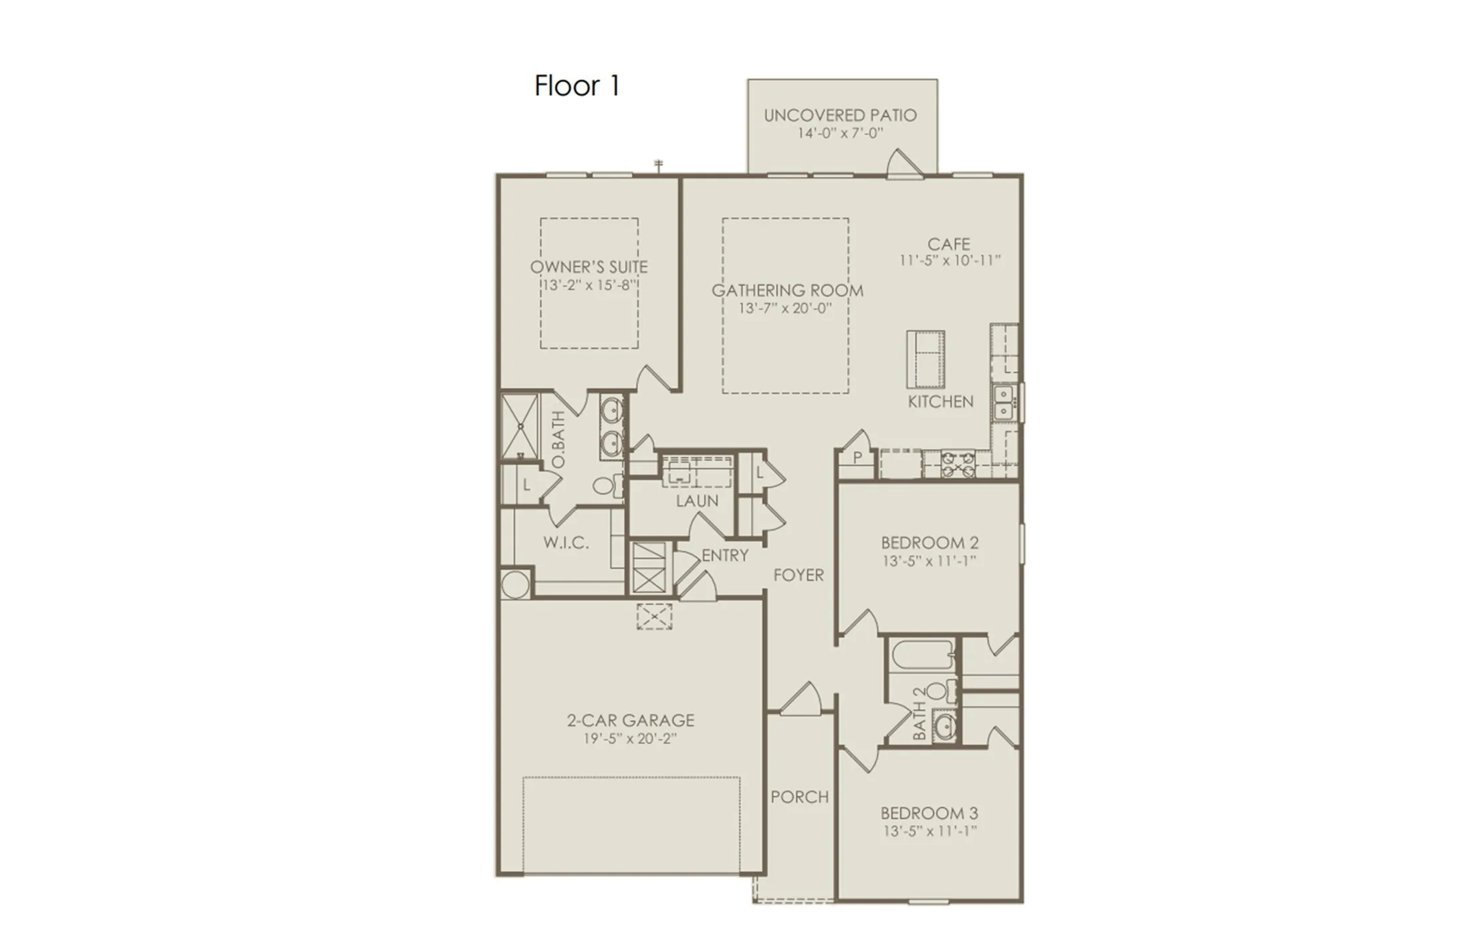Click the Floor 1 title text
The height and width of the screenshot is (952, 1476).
577,86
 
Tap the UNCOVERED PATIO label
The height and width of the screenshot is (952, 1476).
840,116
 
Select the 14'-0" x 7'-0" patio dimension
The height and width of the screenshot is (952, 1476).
840,134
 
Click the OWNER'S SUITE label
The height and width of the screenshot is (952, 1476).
589,267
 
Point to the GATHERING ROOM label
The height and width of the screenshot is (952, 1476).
786,291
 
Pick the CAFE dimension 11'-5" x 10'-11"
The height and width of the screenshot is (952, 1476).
949,261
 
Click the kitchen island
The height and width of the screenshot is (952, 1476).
925,360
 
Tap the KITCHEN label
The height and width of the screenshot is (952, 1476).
940,402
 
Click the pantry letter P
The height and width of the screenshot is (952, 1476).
857,459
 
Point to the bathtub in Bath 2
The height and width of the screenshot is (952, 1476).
922,655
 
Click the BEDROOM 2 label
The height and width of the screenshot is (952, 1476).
929,543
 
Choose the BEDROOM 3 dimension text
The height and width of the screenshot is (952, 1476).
929,832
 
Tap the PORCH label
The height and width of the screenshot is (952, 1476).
799,797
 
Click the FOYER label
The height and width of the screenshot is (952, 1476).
798,575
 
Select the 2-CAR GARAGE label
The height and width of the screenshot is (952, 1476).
630,721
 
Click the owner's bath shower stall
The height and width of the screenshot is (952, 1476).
520,426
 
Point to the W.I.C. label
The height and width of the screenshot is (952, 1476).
566,543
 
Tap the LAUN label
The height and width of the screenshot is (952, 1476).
697,501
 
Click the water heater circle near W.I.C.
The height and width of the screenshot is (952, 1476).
515,585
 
